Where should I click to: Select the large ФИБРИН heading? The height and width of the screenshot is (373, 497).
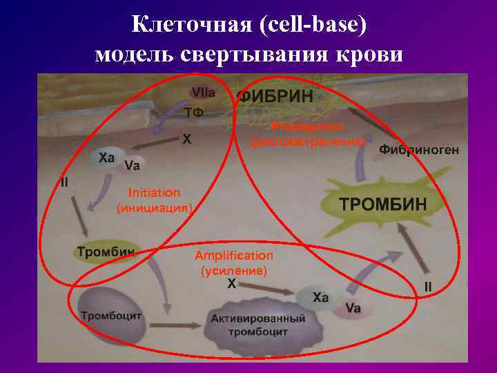point(274,96)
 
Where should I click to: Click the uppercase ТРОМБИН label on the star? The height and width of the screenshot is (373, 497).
point(384,204)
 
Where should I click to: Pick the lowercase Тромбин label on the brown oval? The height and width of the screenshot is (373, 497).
point(106,252)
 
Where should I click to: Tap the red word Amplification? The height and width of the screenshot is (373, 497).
point(233,256)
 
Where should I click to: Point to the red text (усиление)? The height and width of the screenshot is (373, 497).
point(233,271)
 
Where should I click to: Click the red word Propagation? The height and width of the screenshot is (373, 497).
point(303,126)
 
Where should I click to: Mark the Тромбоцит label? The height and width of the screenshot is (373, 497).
point(111,316)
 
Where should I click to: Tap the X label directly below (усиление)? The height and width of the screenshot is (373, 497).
point(232,284)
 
